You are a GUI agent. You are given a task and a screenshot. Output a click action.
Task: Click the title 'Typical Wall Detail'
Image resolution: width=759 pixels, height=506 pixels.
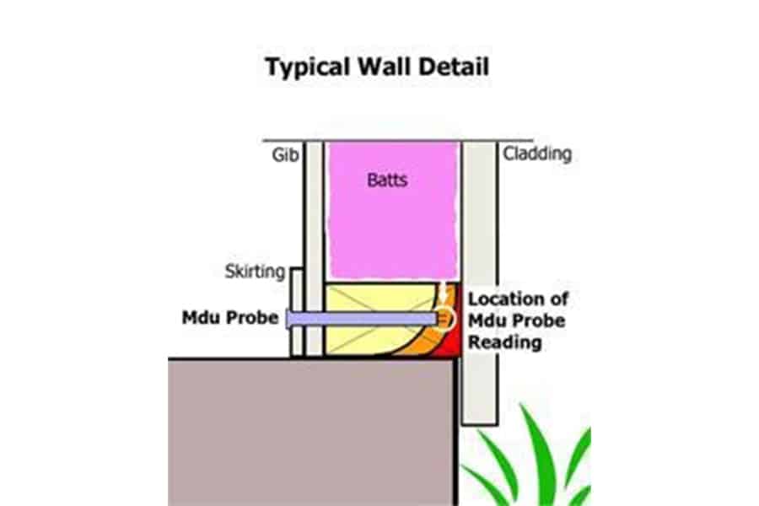pos(379,67)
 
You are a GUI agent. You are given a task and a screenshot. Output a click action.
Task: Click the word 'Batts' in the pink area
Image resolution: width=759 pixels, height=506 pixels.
pos(387,180)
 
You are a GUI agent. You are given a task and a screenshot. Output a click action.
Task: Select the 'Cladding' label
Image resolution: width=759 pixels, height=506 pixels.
pos(537,154)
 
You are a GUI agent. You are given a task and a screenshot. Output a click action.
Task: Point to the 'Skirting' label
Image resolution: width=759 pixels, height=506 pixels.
pos(253,272)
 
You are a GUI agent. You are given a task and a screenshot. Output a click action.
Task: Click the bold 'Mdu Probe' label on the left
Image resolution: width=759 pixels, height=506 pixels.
pos(223,319)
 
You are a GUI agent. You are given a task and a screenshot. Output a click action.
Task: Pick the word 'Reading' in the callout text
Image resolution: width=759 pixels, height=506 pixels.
pos(505,343)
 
